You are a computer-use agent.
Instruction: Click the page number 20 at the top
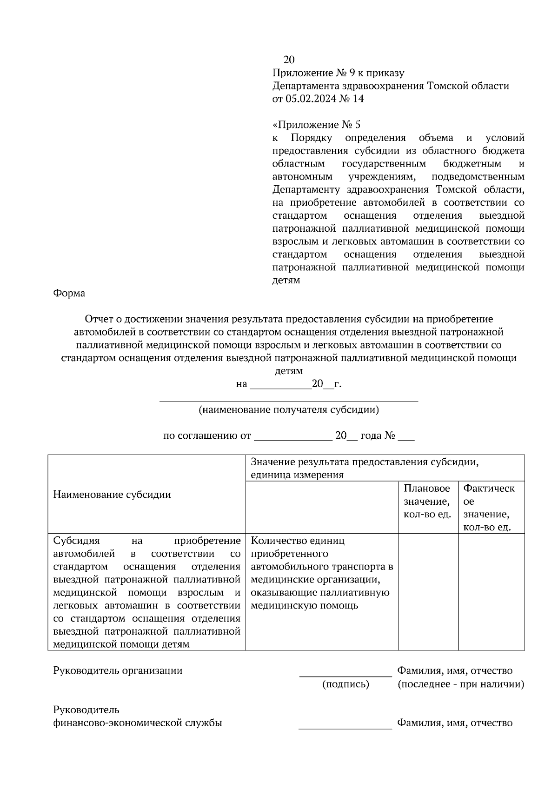pos(289,60)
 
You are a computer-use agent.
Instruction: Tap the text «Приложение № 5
pos(316,125)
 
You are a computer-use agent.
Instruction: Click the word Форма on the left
pos(69,293)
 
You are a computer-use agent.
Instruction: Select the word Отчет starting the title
pos(98,319)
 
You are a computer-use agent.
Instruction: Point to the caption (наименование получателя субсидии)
pos(288,410)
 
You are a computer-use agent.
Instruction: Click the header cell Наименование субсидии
pos(112,494)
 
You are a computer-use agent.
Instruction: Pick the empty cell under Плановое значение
pos(428,591)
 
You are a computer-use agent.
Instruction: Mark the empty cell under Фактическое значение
pos(491,591)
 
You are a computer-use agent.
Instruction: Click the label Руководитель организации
pos(118,670)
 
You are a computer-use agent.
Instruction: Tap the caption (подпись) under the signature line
pos(345,684)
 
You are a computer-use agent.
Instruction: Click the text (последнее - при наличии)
pos(460,684)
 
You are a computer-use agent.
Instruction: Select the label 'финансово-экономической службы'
pos(138,723)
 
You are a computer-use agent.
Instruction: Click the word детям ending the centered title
pos(288,371)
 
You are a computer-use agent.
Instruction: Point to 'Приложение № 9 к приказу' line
pos(338,73)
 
